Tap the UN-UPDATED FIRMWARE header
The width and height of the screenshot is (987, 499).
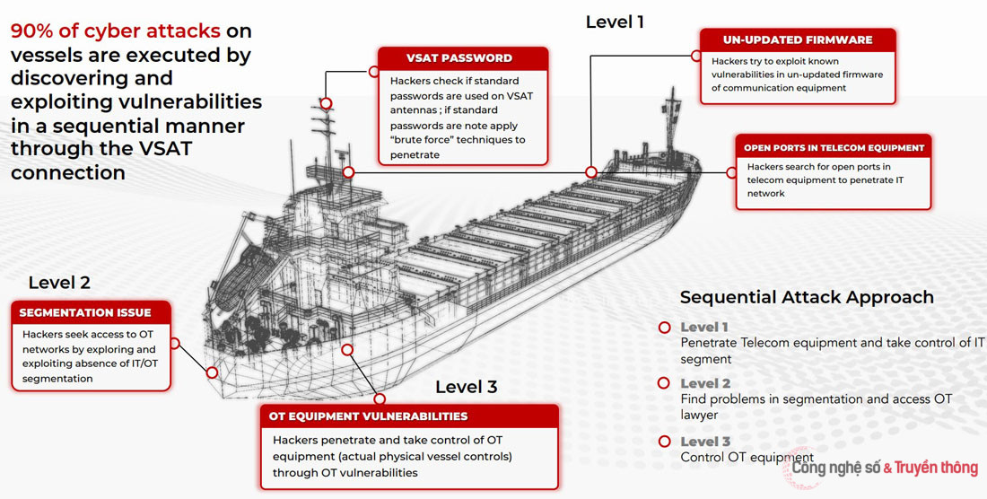tap(798, 40)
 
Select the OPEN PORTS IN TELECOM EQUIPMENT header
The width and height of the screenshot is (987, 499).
tap(834, 148)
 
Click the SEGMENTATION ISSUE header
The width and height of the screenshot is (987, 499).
tap(85, 312)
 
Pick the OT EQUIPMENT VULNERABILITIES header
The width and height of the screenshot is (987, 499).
tap(368, 416)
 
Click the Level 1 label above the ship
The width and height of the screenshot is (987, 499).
tap(615, 22)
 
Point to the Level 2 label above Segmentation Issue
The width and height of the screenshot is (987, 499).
tap(59, 283)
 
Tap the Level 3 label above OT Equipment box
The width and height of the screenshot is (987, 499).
tap(466, 387)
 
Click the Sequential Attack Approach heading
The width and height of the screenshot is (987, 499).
tap(807, 297)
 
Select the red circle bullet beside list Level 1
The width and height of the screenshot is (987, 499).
tap(665, 328)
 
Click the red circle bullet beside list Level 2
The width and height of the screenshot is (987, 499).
tap(665, 383)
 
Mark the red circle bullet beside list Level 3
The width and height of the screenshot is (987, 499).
tap(665, 442)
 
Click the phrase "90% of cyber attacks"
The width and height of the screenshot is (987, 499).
tap(115, 31)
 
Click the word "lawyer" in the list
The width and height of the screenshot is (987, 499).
tap(699, 415)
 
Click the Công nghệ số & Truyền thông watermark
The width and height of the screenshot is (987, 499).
tap(884, 468)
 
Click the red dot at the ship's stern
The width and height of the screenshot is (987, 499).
tap(212, 372)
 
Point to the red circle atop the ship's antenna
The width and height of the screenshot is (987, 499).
tap(327, 104)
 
